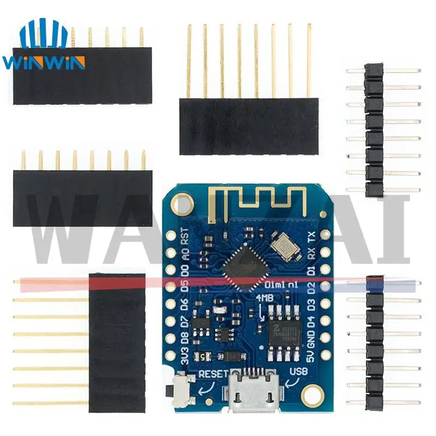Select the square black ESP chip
(244, 265)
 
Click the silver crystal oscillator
(287, 247)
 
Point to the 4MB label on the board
(264, 298)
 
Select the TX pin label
(311, 238)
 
